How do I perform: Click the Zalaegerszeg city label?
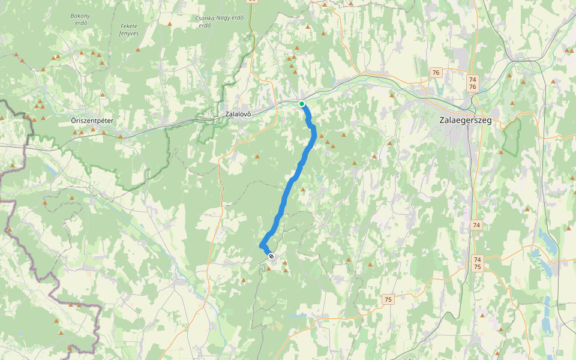[x=466, y=120]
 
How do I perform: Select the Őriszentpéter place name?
[x=92, y=121]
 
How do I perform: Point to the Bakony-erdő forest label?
[x=79, y=19]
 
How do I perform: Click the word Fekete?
[x=129, y=26]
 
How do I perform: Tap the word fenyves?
[x=129, y=34]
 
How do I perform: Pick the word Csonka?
[x=205, y=18]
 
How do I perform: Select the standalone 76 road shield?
[x=436, y=73]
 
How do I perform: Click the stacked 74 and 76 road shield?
[x=473, y=83]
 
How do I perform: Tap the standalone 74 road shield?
[x=476, y=225]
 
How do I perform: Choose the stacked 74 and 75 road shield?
[x=477, y=263]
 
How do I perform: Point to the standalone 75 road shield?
[x=388, y=299]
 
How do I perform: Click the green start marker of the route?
[x=302, y=104]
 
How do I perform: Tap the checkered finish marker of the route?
[x=271, y=257]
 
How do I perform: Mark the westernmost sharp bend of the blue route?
[x=261, y=245]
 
